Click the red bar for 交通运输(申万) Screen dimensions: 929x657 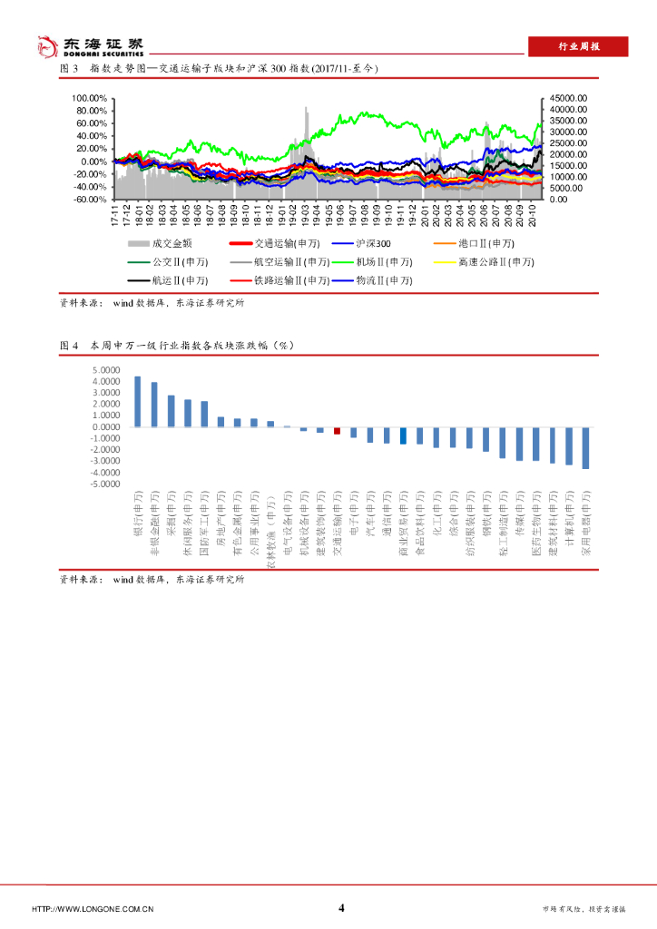[337, 431]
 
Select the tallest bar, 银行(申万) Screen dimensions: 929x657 [138, 402]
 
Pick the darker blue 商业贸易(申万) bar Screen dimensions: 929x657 [403, 435]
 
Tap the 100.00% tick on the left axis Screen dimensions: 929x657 [91, 98]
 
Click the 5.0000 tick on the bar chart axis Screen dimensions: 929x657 [106, 370]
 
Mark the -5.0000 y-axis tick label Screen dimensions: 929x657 [104, 484]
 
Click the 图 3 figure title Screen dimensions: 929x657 [218, 69]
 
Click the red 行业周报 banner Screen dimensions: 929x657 [578, 47]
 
